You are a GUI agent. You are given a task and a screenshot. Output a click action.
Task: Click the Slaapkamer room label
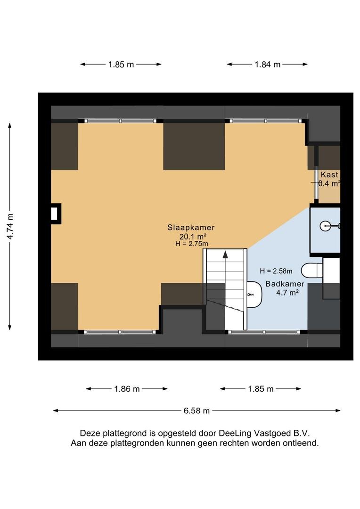[191, 228]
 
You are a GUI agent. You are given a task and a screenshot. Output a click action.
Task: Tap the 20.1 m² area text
[193, 237]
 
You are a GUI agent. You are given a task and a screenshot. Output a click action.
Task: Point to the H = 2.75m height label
[191, 244]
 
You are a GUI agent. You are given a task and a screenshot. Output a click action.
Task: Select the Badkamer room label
[285, 284]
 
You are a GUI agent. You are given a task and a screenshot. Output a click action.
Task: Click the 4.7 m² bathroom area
[287, 293]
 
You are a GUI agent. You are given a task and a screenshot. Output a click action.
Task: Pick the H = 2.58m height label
[276, 271]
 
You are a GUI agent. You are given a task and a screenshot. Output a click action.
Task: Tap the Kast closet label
[329, 175]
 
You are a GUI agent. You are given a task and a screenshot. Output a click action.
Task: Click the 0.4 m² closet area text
[329, 183]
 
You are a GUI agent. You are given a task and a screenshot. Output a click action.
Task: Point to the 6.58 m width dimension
[196, 410]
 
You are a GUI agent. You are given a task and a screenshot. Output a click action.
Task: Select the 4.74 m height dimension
[10, 227]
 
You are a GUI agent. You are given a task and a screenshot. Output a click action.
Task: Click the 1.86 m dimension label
[127, 389]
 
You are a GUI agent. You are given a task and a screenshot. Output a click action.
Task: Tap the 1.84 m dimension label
[268, 65]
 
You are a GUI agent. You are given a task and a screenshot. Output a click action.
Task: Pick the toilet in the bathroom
[312, 270]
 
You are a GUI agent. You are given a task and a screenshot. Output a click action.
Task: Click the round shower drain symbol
[325, 226]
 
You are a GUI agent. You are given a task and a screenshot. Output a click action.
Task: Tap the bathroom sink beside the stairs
[254, 295]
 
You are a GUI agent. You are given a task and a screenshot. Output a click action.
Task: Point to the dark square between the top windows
[194, 147]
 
